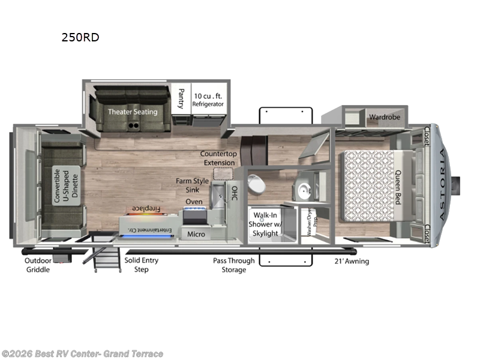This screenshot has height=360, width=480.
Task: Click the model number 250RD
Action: point(80,37)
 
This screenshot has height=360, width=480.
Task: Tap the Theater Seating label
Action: point(133,112)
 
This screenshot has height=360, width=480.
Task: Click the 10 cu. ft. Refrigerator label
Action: point(208,100)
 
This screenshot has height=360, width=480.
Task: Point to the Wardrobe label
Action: point(384,117)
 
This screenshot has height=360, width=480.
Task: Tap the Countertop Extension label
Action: point(218,158)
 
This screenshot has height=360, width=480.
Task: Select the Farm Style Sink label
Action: point(193,185)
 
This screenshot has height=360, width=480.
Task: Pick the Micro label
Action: point(196,234)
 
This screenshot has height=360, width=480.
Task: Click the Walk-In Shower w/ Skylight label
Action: point(265,223)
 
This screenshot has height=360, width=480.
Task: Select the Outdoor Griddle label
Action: point(39,265)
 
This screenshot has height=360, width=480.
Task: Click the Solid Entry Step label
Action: point(142,265)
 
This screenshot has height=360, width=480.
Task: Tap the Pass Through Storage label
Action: point(233,265)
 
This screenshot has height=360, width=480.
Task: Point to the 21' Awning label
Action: point(352,261)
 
